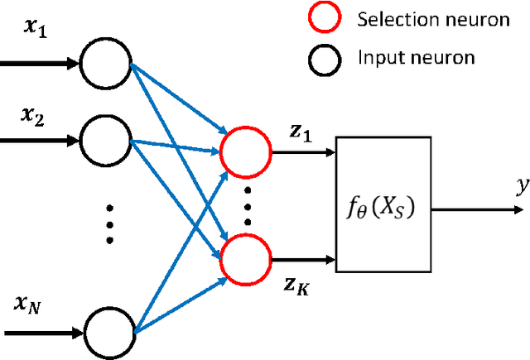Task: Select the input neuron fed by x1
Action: click(104, 62)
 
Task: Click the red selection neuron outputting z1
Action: click(246, 153)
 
